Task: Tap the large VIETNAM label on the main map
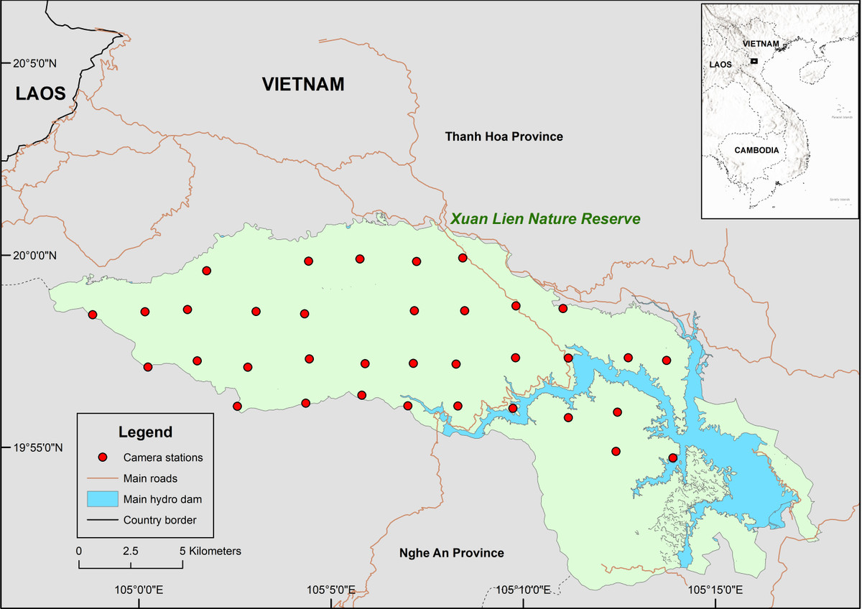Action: [303, 84]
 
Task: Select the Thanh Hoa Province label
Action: [504, 136]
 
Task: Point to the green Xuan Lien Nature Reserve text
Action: [545, 219]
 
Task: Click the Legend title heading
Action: [145, 432]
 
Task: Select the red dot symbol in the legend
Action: [103, 457]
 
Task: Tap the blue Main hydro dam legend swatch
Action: [102, 499]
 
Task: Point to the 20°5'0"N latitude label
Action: [34, 63]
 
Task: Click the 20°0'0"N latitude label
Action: [34, 256]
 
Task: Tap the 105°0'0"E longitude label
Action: [139, 590]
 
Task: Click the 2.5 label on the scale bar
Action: [130, 552]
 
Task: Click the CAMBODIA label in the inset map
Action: [756, 151]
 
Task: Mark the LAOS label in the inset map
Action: [720, 65]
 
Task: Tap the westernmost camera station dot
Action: [92, 315]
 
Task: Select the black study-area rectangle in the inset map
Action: [754, 62]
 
